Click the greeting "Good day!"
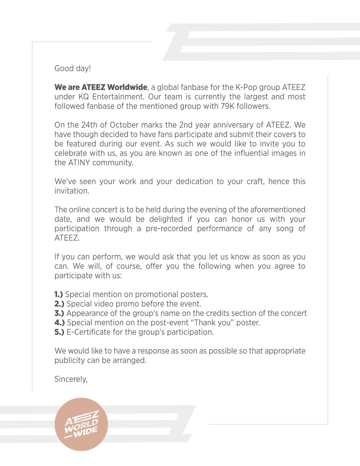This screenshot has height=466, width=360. (x=73, y=68)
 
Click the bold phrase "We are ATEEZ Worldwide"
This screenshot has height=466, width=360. (x=101, y=87)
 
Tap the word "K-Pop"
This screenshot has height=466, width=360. (x=245, y=87)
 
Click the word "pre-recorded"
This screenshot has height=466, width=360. (x=169, y=228)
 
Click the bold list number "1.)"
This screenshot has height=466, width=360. (x=58, y=294)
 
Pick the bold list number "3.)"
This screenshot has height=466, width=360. (x=59, y=313)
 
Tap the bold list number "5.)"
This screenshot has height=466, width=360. (x=59, y=332)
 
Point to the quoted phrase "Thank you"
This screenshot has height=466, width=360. (x=213, y=323)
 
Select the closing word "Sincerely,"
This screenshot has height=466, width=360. (x=71, y=379)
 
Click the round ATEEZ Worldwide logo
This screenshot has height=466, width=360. (x=81, y=424)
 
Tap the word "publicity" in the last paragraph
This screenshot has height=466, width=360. (x=69, y=360)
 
